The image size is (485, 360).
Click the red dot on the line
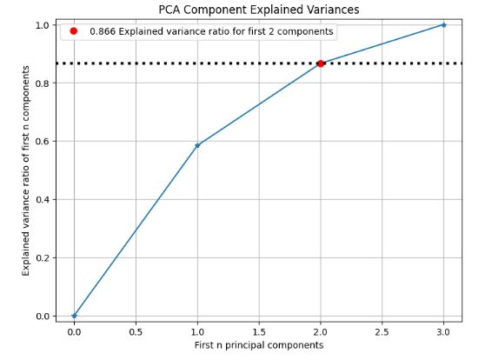(x=321, y=63)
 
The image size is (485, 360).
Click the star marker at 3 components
(x=444, y=24)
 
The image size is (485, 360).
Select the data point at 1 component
(x=197, y=145)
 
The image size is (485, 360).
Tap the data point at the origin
(x=74, y=316)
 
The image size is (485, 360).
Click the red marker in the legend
(x=74, y=31)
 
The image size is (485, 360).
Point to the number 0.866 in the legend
(x=103, y=31)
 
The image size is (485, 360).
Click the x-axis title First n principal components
(x=258, y=345)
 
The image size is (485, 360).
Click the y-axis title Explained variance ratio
(x=26, y=170)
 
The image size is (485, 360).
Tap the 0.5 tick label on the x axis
(x=136, y=331)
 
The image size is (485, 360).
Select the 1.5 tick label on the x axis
(x=259, y=331)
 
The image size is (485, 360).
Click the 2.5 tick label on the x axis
(x=382, y=331)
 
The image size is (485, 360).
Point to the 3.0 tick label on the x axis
(x=444, y=331)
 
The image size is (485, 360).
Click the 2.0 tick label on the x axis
(x=321, y=331)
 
